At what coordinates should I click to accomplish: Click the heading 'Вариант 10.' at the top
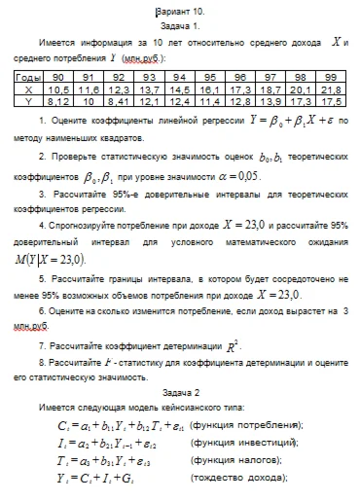(181, 8)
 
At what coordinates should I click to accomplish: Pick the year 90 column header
(58, 76)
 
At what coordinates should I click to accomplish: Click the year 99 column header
(329, 76)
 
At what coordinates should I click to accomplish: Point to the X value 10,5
(58, 88)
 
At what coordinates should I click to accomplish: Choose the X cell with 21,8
(329, 88)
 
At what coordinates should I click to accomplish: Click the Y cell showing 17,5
(329, 99)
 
